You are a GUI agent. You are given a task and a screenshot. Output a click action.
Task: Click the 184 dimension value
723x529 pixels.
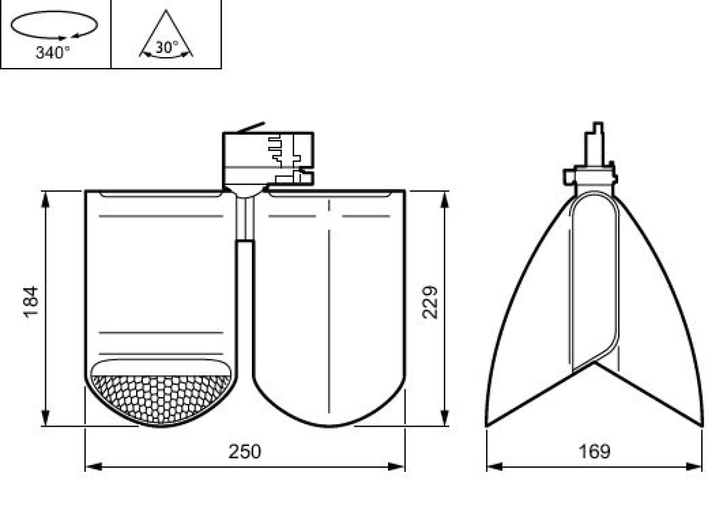click(31, 302)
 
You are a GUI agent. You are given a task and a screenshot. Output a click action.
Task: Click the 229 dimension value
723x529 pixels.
click(430, 302)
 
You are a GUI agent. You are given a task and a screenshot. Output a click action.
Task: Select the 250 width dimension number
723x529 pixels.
click(245, 451)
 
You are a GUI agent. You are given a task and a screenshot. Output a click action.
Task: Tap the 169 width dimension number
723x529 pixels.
click(595, 451)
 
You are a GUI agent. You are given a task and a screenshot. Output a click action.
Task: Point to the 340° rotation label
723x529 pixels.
click(52, 52)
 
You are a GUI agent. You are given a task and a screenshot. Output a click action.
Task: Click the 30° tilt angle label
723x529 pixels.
click(166, 48)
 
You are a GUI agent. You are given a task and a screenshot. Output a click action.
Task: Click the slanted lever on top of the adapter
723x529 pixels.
click(252, 127)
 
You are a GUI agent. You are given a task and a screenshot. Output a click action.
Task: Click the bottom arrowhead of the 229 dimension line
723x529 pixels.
click(445, 418)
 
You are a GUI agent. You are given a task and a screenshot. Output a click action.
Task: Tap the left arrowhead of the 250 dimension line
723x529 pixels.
click(93, 467)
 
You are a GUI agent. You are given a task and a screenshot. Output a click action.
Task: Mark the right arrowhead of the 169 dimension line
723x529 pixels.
click(694, 467)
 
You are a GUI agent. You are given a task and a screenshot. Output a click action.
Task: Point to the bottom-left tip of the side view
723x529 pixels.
click(486, 427)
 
